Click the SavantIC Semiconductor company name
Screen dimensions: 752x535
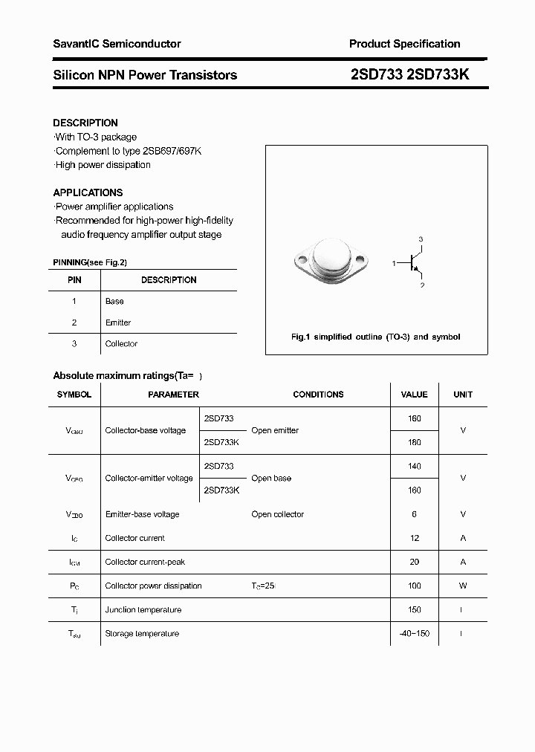117,44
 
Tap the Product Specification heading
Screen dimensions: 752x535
404,44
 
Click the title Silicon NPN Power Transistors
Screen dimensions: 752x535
145,75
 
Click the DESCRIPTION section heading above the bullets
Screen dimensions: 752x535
85,123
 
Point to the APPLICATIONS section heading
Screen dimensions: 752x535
88,192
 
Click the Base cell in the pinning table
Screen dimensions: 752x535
114,301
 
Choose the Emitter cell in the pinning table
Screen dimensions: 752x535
118,322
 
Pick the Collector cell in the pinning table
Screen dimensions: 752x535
121,343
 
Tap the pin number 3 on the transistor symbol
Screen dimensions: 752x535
421,239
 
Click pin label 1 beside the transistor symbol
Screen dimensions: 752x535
394,263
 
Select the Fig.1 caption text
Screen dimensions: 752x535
375,337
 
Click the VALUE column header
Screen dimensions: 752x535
414,395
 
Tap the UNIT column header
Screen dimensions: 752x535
463,395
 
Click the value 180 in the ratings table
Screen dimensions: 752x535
414,442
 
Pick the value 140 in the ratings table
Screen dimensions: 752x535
414,466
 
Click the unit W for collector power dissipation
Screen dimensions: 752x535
463,586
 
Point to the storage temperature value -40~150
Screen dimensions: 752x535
414,633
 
